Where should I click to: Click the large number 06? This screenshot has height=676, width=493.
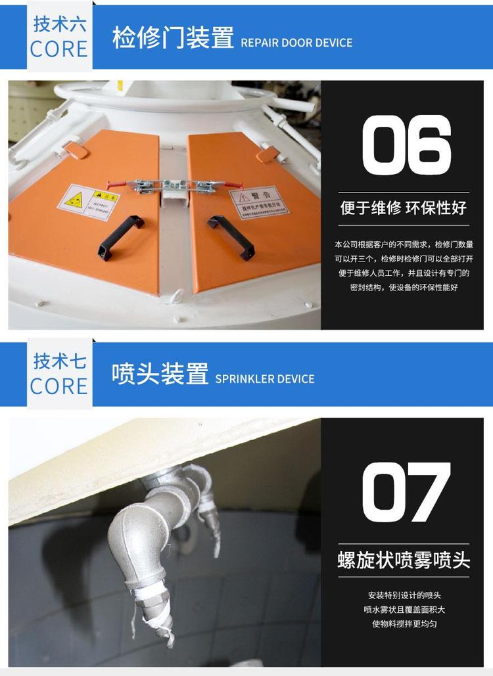pos(407,145)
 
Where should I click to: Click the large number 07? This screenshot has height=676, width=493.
pos(407,493)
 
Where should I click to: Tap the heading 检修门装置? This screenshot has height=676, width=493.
pos(173,38)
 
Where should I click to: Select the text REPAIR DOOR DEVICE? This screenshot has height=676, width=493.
pos(296,43)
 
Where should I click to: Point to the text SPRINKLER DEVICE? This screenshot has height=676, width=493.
pos(265,379)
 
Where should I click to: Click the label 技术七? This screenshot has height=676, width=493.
pos(60,361)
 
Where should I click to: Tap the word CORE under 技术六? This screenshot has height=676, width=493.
pos(59,49)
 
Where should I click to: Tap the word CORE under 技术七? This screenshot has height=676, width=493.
pos(59,386)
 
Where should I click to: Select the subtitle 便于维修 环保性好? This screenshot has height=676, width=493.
pos(403,208)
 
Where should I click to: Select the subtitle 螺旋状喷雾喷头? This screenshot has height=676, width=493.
pos(404,560)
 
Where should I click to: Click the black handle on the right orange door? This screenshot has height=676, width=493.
pos(231,237)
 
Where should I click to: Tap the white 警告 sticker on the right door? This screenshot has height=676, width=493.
pos(259,201)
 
